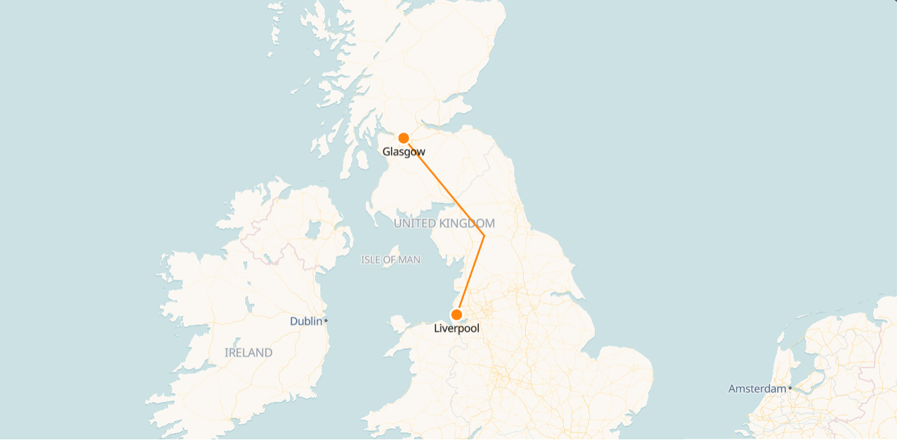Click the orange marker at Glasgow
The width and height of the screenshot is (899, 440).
(x=403, y=138)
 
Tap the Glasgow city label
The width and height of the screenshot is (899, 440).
(x=404, y=152)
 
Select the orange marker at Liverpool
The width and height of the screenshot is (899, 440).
(x=457, y=315)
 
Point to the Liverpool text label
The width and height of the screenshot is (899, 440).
(x=457, y=329)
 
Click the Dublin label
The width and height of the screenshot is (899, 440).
(x=306, y=322)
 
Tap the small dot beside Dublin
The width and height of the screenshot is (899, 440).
(x=326, y=320)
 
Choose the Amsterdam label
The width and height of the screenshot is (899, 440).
(x=757, y=389)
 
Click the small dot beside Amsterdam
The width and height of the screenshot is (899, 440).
(x=790, y=388)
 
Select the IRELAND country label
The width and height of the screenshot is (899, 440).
(x=248, y=353)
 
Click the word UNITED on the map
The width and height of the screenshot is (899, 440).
(x=415, y=223)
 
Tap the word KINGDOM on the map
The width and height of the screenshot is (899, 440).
(x=467, y=223)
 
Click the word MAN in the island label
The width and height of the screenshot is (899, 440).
(x=409, y=260)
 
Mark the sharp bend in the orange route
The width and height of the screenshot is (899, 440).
(x=484, y=236)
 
